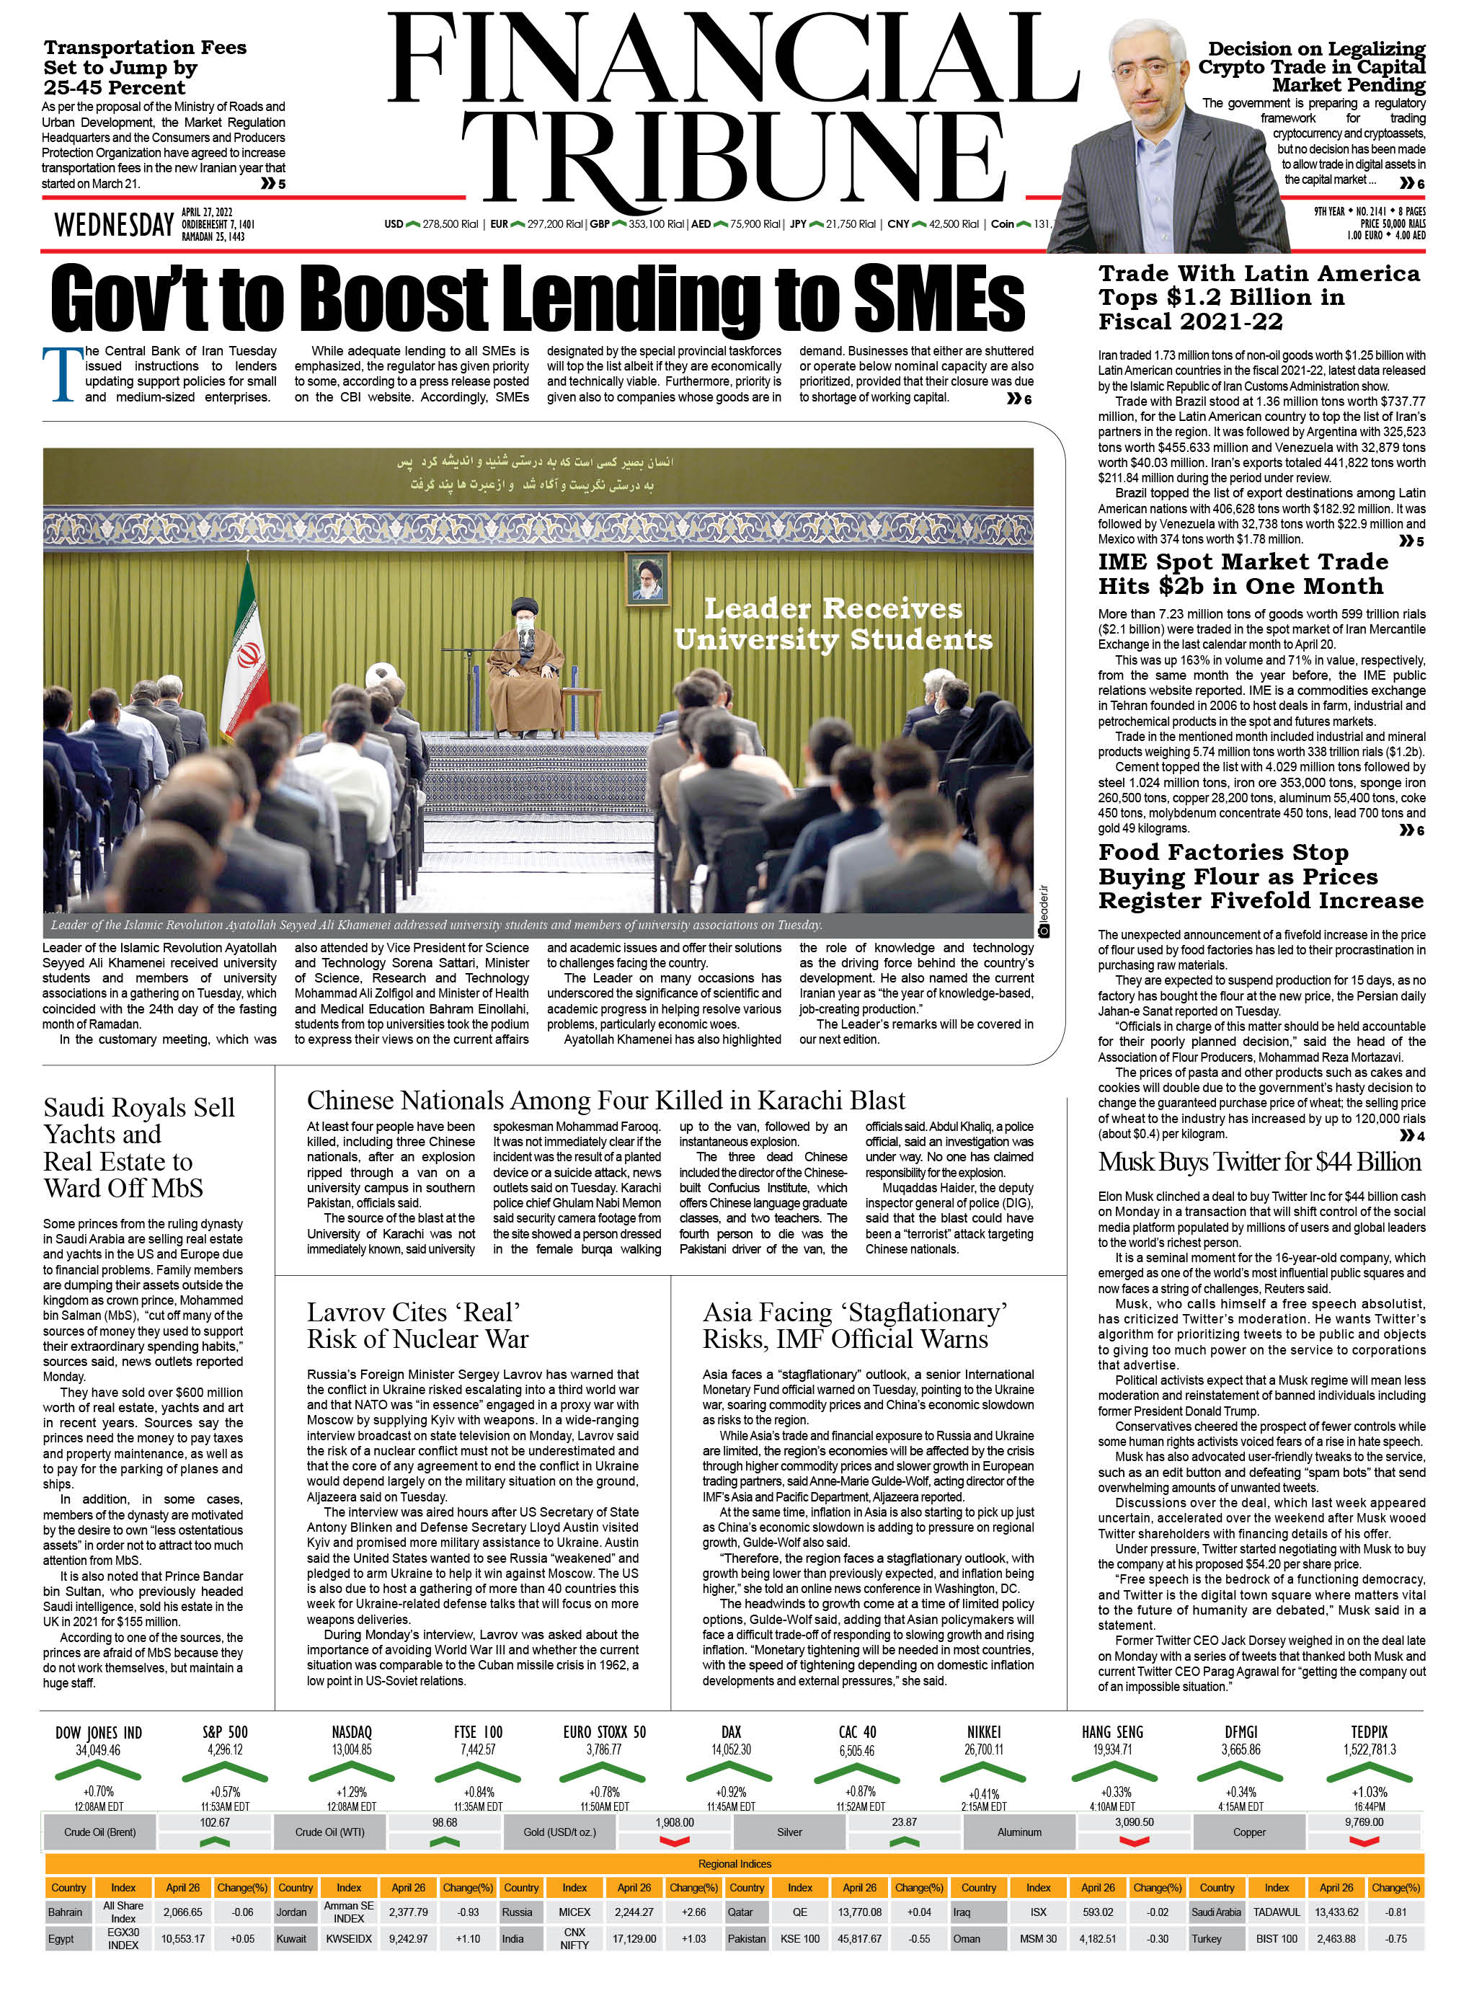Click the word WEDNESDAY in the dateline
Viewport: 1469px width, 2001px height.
click(x=114, y=225)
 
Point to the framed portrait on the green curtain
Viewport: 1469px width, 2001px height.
click(x=648, y=579)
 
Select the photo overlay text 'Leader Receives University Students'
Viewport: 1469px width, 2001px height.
click(x=833, y=624)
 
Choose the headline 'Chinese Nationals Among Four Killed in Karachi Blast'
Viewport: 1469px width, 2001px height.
click(x=605, y=1100)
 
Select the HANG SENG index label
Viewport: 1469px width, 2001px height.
click(x=1111, y=1731)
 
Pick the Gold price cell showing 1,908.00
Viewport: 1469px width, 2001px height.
click(x=674, y=1822)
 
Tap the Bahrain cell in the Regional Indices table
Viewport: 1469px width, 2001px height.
click(x=65, y=1911)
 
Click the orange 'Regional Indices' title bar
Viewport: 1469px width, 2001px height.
click(x=734, y=1863)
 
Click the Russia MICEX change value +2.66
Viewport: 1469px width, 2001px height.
click(x=693, y=1911)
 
